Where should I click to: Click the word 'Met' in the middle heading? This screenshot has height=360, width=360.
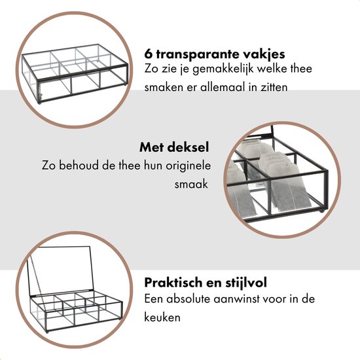point(151,148)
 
